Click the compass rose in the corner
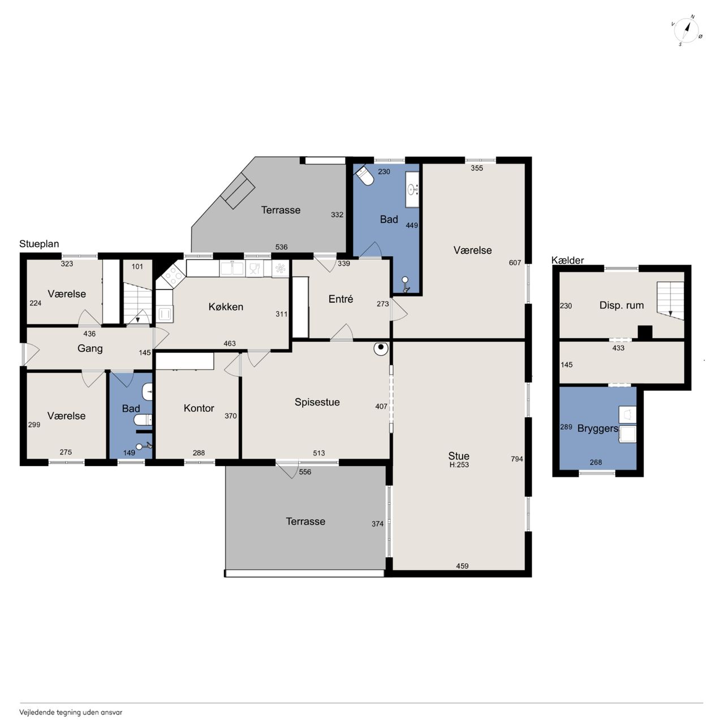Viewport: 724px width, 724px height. click(x=686, y=31)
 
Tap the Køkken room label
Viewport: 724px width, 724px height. click(x=226, y=307)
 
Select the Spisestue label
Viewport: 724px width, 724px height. click(x=317, y=402)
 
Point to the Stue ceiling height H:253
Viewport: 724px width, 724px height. click(x=459, y=465)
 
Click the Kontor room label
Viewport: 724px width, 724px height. click(x=199, y=408)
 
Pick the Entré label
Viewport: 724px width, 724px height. click(x=341, y=299)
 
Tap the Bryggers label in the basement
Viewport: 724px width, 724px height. click(x=597, y=429)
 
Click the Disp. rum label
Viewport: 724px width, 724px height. click(x=622, y=305)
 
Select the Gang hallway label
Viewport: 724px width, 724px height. click(x=90, y=348)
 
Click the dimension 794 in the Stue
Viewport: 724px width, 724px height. click(x=517, y=459)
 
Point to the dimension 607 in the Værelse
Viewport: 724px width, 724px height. click(x=515, y=263)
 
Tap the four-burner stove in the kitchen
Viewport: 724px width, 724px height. click(x=171, y=276)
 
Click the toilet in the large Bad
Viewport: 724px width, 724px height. click(x=365, y=176)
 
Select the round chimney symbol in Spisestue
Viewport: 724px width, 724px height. click(x=381, y=348)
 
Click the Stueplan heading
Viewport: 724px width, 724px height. click(x=39, y=244)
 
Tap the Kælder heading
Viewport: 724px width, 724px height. click(x=567, y=260)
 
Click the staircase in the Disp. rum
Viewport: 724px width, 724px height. click(x=670, y=300)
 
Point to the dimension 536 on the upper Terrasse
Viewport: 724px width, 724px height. click(x=282, y=247)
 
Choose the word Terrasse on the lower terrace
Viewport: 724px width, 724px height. click(x=305, y=521)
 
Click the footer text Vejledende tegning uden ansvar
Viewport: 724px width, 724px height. click(x=71, y=712)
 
